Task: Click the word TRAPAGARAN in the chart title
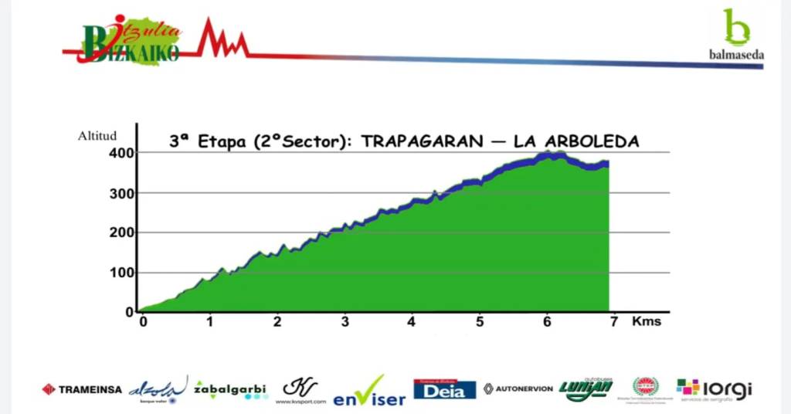418,141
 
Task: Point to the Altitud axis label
97,136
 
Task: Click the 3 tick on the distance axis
345,321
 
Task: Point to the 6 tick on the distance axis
547,321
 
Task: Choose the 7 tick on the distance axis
614,321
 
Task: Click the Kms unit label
647,321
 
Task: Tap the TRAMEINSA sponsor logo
82,389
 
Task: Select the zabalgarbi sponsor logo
230,389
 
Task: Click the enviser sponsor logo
370,392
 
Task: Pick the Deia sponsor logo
445,389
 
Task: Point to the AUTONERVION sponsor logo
518,389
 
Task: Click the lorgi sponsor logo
714,389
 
